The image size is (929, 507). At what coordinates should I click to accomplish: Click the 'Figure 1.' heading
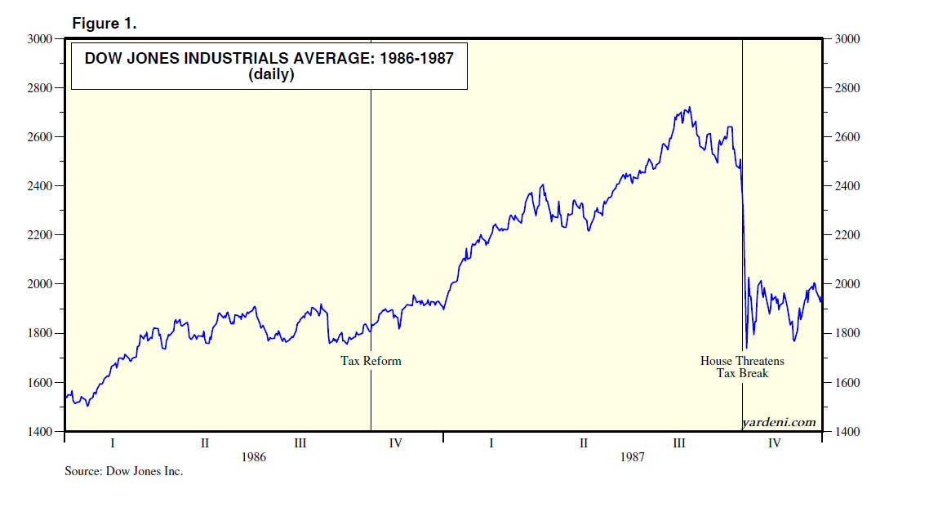click(x=104, y=24)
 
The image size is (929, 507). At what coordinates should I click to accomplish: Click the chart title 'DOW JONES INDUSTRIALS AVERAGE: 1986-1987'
click(x=269, y=58)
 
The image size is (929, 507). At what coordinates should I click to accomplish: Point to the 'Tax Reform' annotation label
click(x=371, y=360)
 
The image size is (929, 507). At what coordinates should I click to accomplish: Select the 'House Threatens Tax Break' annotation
click(x=742, y=367)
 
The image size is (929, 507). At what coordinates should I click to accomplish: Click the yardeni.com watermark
click(x=779, y=421)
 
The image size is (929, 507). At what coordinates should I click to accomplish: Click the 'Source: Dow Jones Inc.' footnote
click(x=124, y=471)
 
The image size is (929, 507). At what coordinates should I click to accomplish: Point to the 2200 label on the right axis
click(x=846, y=235)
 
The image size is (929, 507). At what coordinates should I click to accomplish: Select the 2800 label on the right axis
click(x=846, y=88)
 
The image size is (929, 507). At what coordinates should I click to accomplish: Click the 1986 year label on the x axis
click(x=254, y=457)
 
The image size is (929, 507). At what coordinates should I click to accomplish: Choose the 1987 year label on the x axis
click(x=632, y=457)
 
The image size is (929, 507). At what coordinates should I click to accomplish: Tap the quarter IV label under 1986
click(x=395, y=443)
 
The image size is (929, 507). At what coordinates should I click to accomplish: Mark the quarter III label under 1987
click(x=678, y=443)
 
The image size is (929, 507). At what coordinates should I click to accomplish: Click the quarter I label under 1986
click(x=113, y=443)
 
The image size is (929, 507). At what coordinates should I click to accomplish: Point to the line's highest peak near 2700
click(x=691, y=107)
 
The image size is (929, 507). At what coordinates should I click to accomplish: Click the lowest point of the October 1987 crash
click(x=746, y=348)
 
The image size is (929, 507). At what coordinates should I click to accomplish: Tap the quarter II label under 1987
click(x=584, y=443)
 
